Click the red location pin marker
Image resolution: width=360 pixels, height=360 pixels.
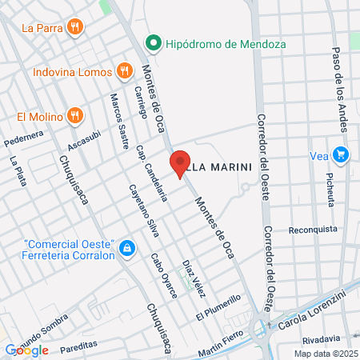point(180,164)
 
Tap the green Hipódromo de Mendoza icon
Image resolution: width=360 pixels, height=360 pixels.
point(152,42)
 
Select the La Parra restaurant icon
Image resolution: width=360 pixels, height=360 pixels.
point(75,27)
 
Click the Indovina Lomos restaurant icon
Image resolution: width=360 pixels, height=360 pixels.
point(123,71)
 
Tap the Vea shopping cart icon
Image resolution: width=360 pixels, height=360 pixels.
point(342,155)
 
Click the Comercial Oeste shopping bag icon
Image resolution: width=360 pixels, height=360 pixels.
point(126,250)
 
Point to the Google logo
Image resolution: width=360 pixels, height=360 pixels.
point(26,350)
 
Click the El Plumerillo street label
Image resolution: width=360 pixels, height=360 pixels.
point(217,308)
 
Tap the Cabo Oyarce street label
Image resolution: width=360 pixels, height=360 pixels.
point(164,276)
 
